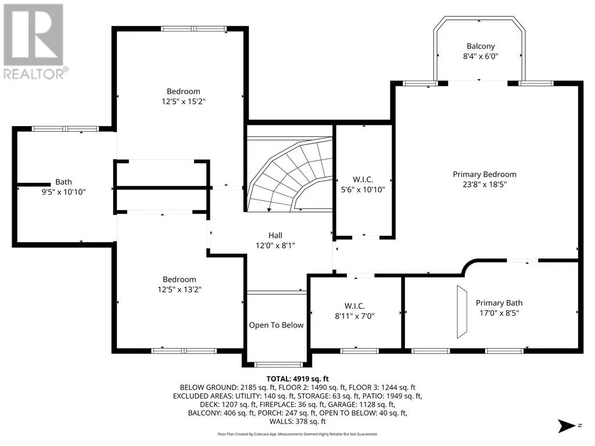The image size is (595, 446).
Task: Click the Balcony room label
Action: tap(481, 46)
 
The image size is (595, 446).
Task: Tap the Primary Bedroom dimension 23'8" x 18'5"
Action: tap(485, 185)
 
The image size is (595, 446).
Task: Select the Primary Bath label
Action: tap(499, 303)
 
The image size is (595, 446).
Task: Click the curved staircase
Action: tap(290, 174)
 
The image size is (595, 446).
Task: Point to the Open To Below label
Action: tap(276, 325)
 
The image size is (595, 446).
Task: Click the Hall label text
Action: tap(275, 235)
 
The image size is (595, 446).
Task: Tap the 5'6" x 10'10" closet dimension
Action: tap(363, 190)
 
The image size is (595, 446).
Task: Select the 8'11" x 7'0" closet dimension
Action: tap(354, 316)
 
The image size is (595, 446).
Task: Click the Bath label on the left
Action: tap(63, 182)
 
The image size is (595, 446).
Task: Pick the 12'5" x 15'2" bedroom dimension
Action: tap(183, 102)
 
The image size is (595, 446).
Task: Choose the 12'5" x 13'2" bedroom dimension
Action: tap(180, 290)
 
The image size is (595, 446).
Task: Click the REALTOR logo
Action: tap(33, 42)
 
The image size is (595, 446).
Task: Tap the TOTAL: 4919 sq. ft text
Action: tap(297, 379)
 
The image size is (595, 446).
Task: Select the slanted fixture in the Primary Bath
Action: tap(462, 312)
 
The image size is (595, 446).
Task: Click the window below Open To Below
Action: tap(278, 365)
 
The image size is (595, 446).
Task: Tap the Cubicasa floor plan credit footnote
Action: tap(297, 434)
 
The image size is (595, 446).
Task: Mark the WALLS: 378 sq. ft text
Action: tap(297, 422)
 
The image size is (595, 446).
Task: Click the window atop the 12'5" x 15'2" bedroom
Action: tap(193, 29)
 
